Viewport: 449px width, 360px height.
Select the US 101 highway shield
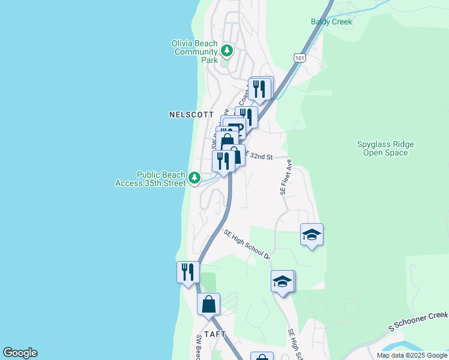point(300,57)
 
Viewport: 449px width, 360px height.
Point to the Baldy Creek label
point(331,22)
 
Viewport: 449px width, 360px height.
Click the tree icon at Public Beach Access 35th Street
point(194,178)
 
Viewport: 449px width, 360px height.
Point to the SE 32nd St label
point(259,156)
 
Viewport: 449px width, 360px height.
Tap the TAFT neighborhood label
point(214,334)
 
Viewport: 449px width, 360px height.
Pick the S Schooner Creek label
point(418,320)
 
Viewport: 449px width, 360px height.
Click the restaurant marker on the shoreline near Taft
point(188,272)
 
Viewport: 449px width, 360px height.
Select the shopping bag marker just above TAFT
point(208,304)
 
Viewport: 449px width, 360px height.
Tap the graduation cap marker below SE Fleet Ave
point(312,235)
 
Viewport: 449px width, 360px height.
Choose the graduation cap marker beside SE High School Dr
point(283,281)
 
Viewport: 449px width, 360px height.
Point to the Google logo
point(20,353)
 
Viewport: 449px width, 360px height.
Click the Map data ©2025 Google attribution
point(412,355)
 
